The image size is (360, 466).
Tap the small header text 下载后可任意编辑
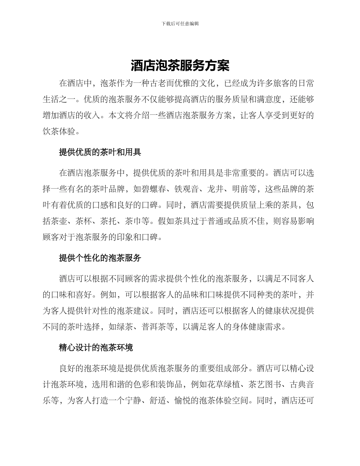pyautogui.click(x=180, y=23)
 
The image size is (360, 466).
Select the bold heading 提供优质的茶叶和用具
pyautogui.click(x=100, y=152)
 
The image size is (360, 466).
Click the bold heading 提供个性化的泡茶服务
pyautogui.click(x=100, y=258)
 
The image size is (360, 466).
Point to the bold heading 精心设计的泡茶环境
pyautogui.click(x=96, y=347)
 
